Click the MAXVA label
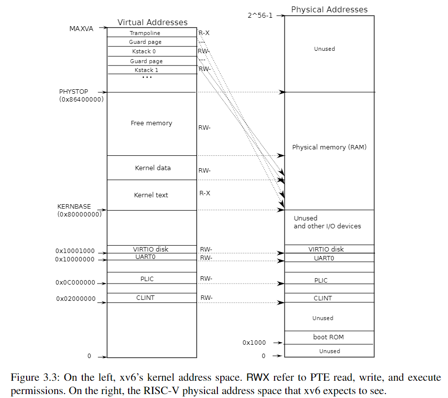click(x=81, y=28)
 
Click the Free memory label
click(x=151, y=123)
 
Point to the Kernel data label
click(x=153, y=168)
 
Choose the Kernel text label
click(x=151, y=195)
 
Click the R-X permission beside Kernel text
click(x=205, y=193)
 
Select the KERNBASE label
click(x=74, y=206)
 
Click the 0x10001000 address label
click(x=75, y=251)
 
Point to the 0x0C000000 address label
click(x=75, y=283)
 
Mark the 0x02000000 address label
click(x=75, y=298)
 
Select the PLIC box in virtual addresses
click(x=147, y=279)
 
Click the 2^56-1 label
click(x=260, y=15)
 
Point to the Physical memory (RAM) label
click(x=329, y=147)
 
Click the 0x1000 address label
click(x=254, y=342)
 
